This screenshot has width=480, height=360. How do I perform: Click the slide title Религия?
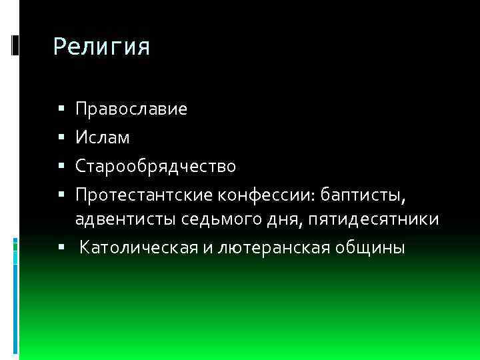pyautogui.click(x=101, y=47)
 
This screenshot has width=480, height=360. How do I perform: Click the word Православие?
pyautogui.click(x=131, y=109)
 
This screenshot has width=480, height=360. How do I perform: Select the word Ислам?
pyautogui.click(x=103, y=137)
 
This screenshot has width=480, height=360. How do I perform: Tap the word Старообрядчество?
pyautogui.click(x=155, y=165)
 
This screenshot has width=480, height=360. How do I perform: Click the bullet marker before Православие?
pyautogui.click(x=61, y=109)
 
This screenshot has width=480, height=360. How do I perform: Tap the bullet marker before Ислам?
pyautogui.click(x=61, y=137)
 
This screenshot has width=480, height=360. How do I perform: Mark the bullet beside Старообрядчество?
pyautogui.click(x=61, y=165)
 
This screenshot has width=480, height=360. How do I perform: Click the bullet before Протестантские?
pyautogui.click(x=61, y=194)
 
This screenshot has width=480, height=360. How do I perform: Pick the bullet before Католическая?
pyautogui.click(x=61, y=248)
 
